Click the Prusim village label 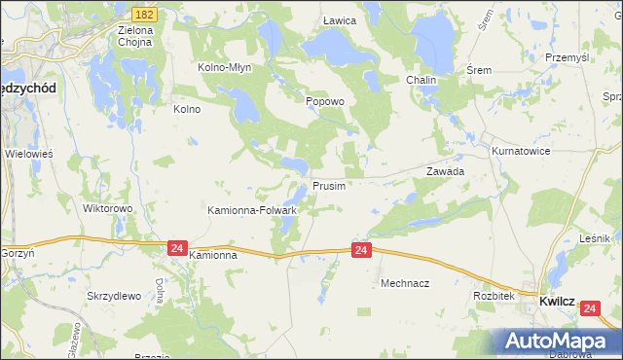[328, 185]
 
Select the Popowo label [325, 101]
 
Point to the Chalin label [421, 80]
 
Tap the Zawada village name [445, 170]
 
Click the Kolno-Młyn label [225, 68]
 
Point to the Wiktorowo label [107, 208]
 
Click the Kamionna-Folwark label [252, 209]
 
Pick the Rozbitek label [493, 295]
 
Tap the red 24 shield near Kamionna [176, 248]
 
